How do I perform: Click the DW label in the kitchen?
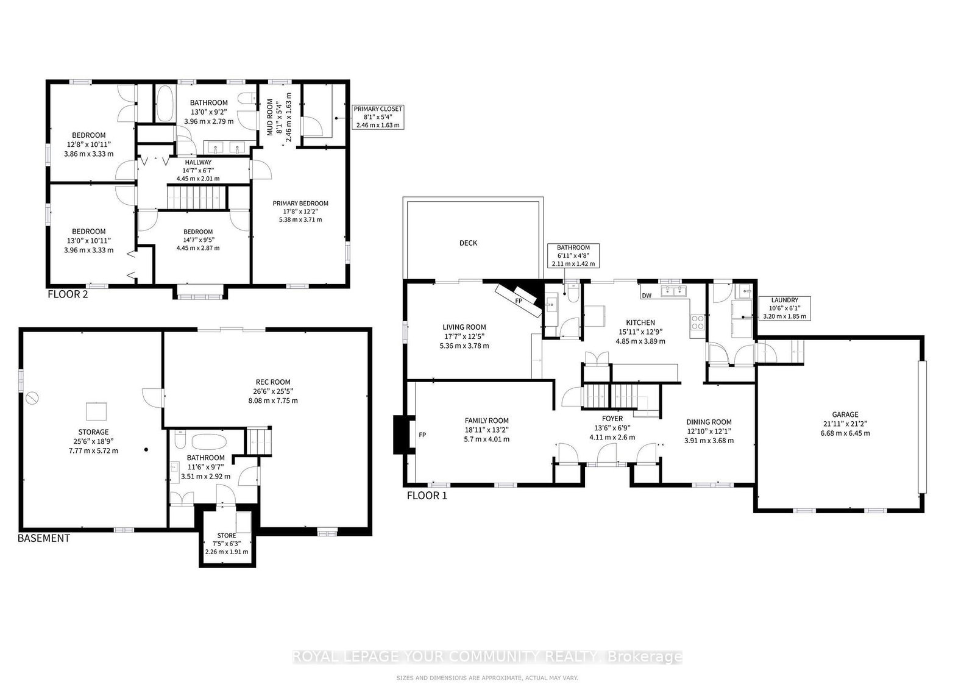pos(647,296)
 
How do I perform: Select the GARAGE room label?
pos(845,414)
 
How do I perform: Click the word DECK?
pos(469,243)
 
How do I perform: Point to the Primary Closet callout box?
pos(378,116)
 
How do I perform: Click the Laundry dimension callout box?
pos(784,308)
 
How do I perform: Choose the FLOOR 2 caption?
pos(68,294)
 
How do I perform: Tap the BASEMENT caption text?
pos(43,538)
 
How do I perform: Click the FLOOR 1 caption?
pos(427,496)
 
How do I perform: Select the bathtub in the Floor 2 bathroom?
pos(164,103)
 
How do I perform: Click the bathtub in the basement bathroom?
pos(209,442)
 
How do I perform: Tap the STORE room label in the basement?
pos(226,535)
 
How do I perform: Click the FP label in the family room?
pos(422,435)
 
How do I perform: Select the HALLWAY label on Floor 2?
pos(198,162)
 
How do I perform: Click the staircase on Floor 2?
pos(197,197)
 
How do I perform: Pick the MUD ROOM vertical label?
pos(270,117)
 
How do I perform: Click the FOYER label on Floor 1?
pos(612,419)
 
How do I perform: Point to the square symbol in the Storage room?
pos(96,411)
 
